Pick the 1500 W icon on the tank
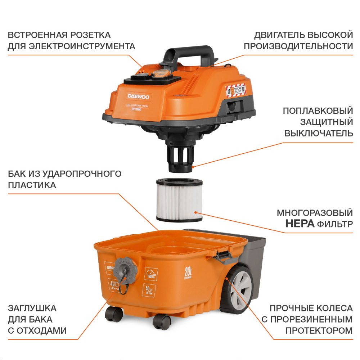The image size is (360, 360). click(151, 274)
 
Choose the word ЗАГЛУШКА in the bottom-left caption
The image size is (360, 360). click(32, 309)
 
